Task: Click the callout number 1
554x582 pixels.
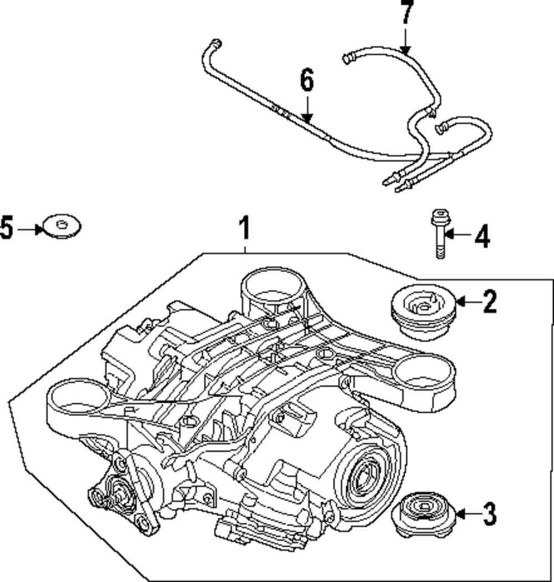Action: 244,229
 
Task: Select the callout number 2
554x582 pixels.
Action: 489,302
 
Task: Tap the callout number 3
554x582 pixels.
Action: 489,514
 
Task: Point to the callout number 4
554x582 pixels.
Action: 481,237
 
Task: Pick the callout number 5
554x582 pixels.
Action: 6,228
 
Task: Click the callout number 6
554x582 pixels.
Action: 306,81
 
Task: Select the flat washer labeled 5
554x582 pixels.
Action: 61,226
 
